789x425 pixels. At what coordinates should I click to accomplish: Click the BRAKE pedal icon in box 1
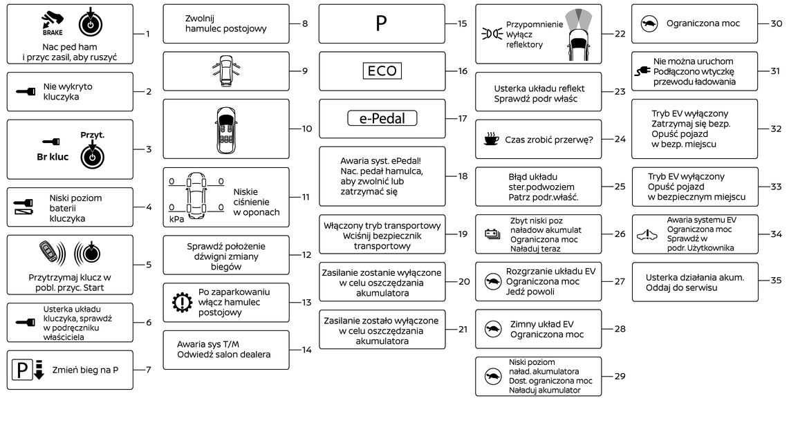53,23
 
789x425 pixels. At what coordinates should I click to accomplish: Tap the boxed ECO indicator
382,71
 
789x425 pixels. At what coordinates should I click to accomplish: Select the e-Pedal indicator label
382,118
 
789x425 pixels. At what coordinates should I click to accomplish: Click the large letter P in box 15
382,23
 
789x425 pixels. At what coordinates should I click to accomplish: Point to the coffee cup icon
491,139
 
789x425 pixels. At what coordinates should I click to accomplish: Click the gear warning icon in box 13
182,302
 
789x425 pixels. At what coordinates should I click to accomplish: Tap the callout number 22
620,34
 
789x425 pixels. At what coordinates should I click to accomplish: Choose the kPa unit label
176,219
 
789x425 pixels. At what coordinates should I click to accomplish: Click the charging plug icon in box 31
642,71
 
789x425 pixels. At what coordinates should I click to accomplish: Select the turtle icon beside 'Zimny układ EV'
493,329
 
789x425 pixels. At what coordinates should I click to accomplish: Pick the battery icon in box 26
492,234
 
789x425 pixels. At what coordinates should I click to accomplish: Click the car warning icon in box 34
647,234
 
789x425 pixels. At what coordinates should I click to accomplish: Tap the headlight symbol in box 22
492,34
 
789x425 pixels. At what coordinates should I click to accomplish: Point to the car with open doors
226,71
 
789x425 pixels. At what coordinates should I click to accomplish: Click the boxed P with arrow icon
28,370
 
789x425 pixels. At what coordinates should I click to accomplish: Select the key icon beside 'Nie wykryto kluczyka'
26,91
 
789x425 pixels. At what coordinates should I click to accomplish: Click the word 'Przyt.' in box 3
92,135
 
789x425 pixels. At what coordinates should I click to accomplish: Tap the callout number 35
777,280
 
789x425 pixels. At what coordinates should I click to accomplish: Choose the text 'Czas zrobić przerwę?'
549,140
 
